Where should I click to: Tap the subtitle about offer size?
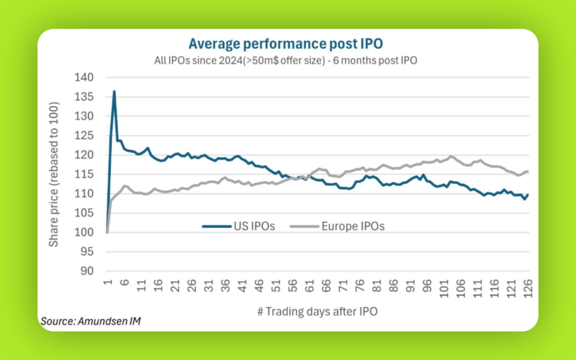[286, 60]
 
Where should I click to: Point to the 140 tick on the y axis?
[83, 76]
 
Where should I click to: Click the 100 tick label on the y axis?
[83, 232]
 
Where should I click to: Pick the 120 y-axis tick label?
[83, 154]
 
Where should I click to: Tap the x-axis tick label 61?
[309, 284]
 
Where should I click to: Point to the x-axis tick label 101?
[445, 286]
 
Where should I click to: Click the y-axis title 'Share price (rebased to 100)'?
[54, 174]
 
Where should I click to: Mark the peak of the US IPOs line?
[114, 91]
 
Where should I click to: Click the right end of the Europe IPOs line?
[528, 172]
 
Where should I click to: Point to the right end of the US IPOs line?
[528, 194]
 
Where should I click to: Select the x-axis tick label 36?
[224, 284]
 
